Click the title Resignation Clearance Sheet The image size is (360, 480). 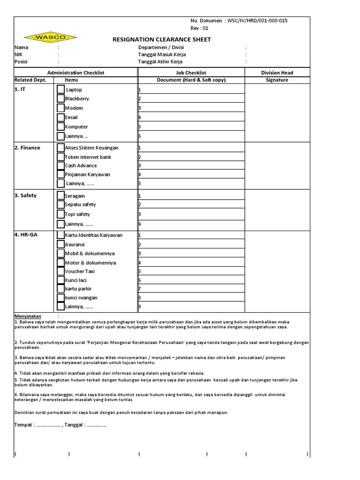(162, 39)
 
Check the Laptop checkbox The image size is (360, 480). (61, 89)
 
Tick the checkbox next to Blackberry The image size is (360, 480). (61, 98)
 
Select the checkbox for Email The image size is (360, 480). (61, 117)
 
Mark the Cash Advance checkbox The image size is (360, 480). (61, 165)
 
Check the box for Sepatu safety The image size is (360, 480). (61, 204)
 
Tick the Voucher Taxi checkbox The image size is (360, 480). (61, 271)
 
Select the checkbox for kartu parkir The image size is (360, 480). (61, 289)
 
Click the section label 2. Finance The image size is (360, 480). (27, 148)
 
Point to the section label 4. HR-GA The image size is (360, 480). (26, 234)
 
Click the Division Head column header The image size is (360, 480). (277, 73)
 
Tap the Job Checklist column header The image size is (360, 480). (191, 73)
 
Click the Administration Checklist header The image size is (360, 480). (75, 73)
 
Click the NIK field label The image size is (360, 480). (18, 54)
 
